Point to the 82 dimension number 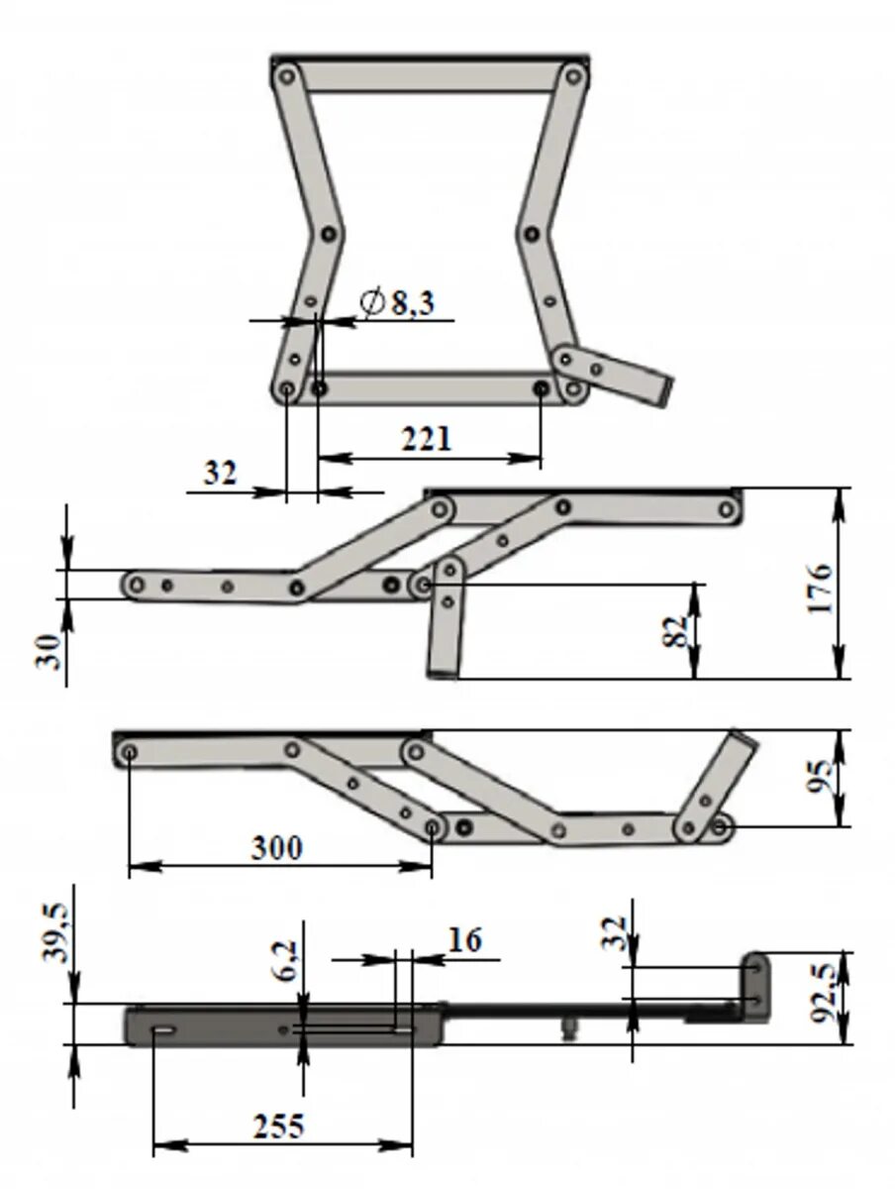pos(676,631)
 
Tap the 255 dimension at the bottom pos(278,1127)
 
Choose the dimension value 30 pos(50,652)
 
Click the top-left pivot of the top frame pos(287,75)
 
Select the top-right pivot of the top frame pos(571,75)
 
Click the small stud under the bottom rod pos(568,1028)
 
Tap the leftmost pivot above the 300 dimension pos(130,753)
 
